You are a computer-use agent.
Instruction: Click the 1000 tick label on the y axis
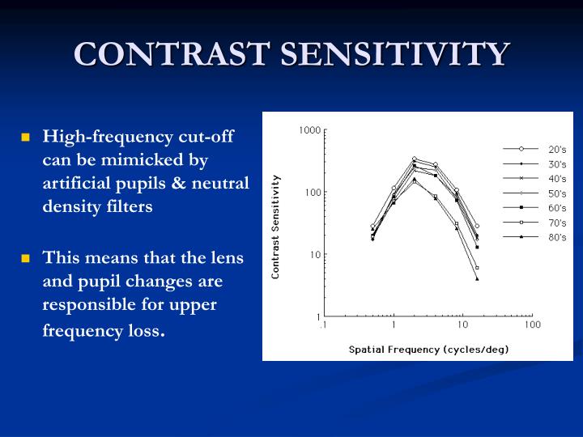pyautogui.click(x=309, y=130)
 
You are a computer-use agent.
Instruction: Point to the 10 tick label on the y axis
pyautogui.click(x=316, y=255)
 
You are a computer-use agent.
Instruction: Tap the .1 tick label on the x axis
pyautogui.click(x=322, y=325)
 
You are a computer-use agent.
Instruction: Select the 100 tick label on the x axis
pyautogui.click(x=532, y=325)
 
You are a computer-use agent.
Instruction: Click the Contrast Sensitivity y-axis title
pyautogui.click(x=276, y=227)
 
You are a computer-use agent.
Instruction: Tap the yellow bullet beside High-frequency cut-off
pyautogui.click(x=25, y=137)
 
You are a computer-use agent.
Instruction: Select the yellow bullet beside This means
pyautogui.click(x=25, y=259)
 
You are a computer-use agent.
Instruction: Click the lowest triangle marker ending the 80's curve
pyautogui.click(x=477, y=279)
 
